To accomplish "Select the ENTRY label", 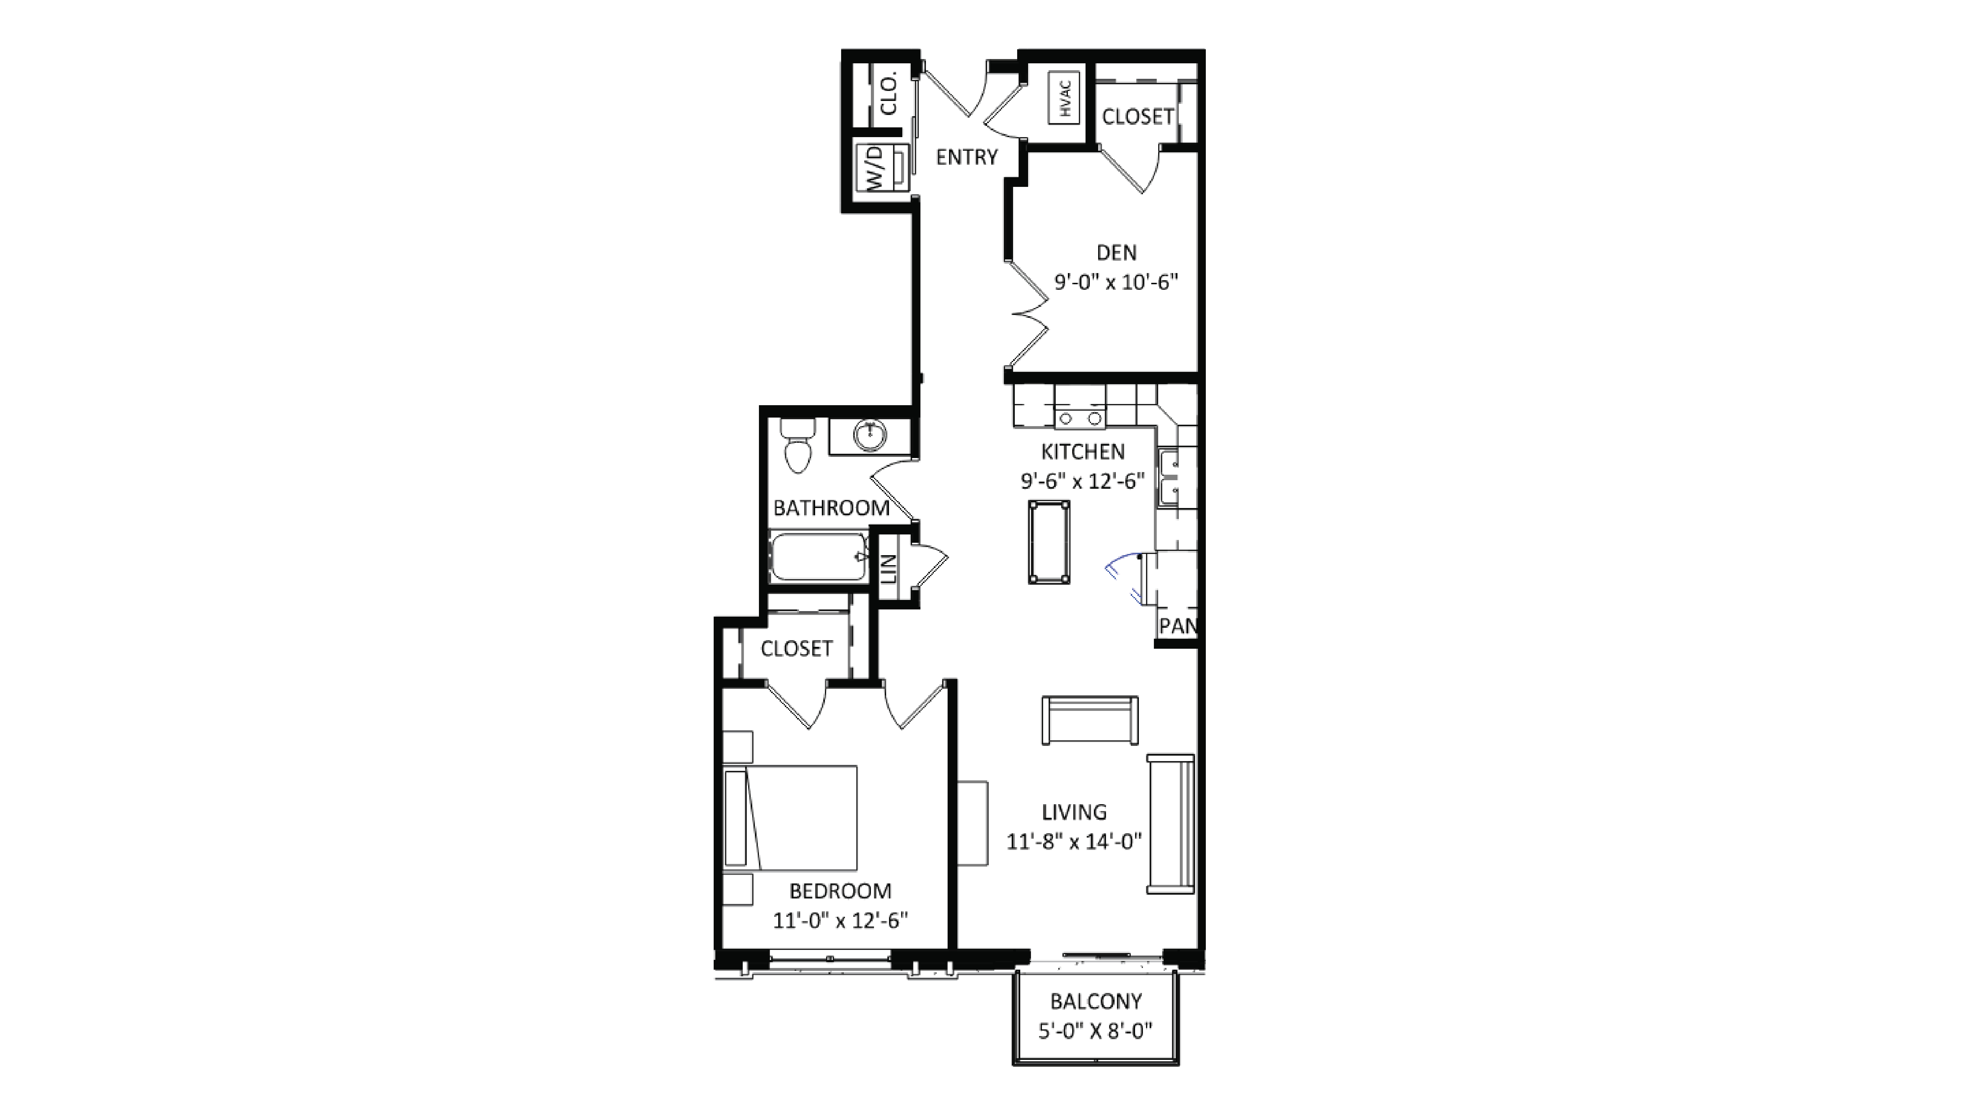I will point(966,157).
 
